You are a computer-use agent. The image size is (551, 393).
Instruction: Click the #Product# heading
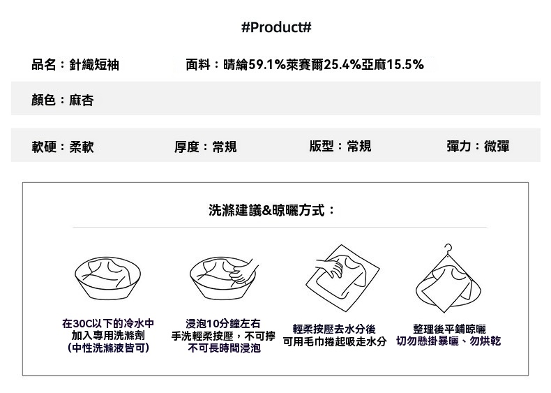(276, 27)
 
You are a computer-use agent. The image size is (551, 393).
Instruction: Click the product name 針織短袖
(94, 65)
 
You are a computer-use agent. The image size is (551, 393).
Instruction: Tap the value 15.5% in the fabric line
(405, 65)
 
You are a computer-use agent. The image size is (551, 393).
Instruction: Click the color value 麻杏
(82, 101)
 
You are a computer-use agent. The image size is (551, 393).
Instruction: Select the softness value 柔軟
(82, 147)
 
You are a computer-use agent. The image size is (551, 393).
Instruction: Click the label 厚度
(187, 147)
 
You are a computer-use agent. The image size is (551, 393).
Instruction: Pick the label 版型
(322, 146)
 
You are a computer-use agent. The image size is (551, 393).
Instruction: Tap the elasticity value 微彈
(497, 146)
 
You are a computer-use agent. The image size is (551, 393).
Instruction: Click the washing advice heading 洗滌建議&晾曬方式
(266, 210)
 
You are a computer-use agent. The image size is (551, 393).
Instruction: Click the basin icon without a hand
(107, 278)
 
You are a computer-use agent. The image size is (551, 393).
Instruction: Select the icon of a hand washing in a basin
(223, 278)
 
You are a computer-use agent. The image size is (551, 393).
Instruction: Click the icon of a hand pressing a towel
(342, 279)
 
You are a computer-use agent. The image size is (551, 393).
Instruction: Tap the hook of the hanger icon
(448, 248)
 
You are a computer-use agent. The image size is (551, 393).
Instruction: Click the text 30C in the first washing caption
(82, 323)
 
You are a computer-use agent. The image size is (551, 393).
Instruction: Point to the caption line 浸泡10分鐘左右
(223, 323)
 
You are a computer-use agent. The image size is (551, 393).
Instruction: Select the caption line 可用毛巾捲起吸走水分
(335, 341)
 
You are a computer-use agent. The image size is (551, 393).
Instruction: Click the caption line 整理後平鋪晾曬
(449, 329)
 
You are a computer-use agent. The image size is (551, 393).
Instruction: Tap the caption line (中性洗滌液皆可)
(108, 348)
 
